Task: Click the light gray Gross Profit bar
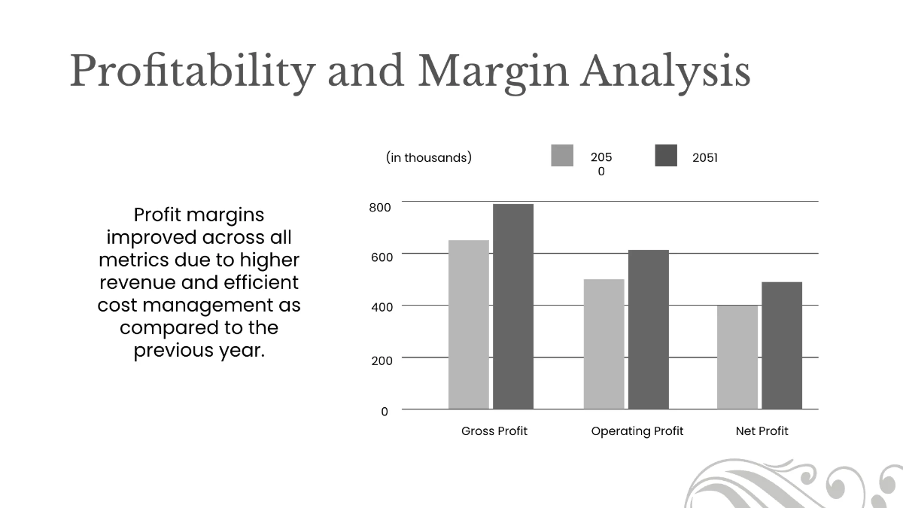pyautogui.click(x=468, y=324)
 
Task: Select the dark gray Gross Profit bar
pyautogui.click(x=513, y=306)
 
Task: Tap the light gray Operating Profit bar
pyautogui.click(x=604, y=344)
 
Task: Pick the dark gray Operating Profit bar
pyautogui.click(x=648, y=330)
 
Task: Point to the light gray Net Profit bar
pyautogui.click(x=737, y=357)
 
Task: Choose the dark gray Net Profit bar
pyautogui.click(x=781, y=345)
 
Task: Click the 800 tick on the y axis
pyautogui.click(x=380, y=208)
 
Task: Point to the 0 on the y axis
pyautogui.click(x=385, y=412)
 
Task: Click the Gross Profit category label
pyautogui.click(x=494, y=431)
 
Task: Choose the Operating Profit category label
pyautogui.click(x=637, y=431)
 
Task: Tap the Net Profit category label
pyautogui.click(x=762, y=431)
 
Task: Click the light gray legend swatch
pyautogui.click(x=562, y=156)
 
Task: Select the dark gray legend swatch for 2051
pyautogui.click(x=666, y=156)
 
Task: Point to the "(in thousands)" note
pyautogui.click(x=429, y=157)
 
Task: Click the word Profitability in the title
pyautogui.click(x=192, y=72)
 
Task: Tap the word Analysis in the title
pyautogui.click(x=665, y=72)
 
